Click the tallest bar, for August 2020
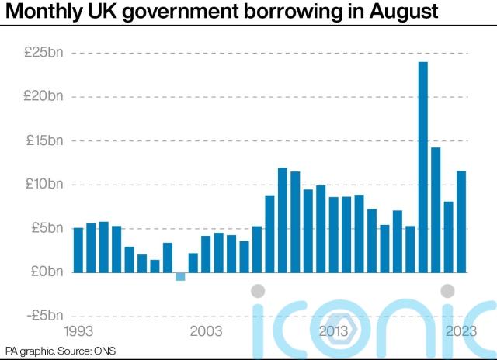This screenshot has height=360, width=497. click(x=423, y=167)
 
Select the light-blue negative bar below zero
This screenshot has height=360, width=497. click(x=180, y=276)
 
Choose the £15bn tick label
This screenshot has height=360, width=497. click(x=44, y=140)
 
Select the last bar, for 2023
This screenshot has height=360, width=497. click(x=461, y=221)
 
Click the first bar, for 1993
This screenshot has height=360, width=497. click(x=78, y=250)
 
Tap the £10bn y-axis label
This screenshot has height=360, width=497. click(x=44, y=185)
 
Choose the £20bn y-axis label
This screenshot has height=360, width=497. click(x=44, y=97)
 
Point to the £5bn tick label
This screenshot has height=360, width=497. click(x=47, y=228)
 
